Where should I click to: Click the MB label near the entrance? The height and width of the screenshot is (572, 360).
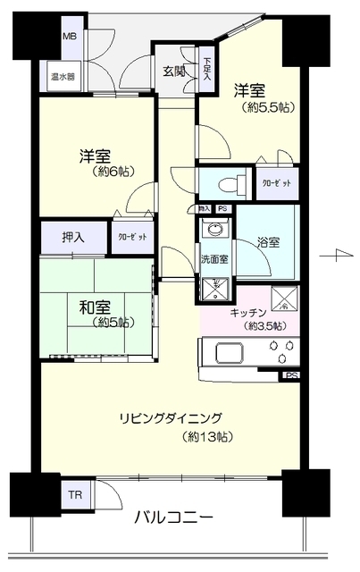[68, 38]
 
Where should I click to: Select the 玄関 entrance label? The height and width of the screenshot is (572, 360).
[174, 71]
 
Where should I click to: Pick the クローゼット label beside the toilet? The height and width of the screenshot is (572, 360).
[277, 182]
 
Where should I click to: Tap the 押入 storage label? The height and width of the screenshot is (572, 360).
[73, 238]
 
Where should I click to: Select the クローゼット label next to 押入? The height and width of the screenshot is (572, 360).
[128, 238]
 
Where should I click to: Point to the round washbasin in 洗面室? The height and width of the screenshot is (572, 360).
[214, 230]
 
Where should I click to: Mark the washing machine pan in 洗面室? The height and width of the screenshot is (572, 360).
[214, 288]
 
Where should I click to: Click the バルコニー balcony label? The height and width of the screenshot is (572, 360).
[174, 517]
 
